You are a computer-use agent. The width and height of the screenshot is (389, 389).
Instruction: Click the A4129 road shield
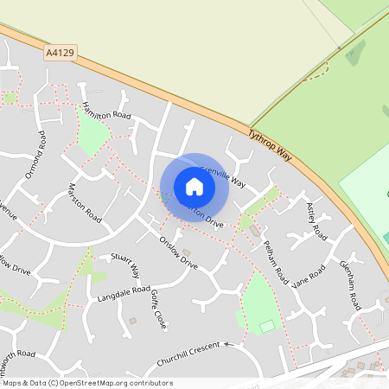coord(59,54)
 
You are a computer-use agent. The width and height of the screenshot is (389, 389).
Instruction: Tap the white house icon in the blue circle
coord(194,187)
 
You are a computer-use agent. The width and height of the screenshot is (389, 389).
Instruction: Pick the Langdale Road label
coord(112,295)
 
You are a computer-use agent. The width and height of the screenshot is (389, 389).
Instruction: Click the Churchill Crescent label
coord(190,354)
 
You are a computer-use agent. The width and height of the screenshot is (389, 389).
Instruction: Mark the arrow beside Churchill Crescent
coord(229,343)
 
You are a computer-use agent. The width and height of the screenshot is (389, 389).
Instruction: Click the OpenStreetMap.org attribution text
coord(88,382)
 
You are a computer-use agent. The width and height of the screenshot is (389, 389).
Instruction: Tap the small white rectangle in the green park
coord(267,326)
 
